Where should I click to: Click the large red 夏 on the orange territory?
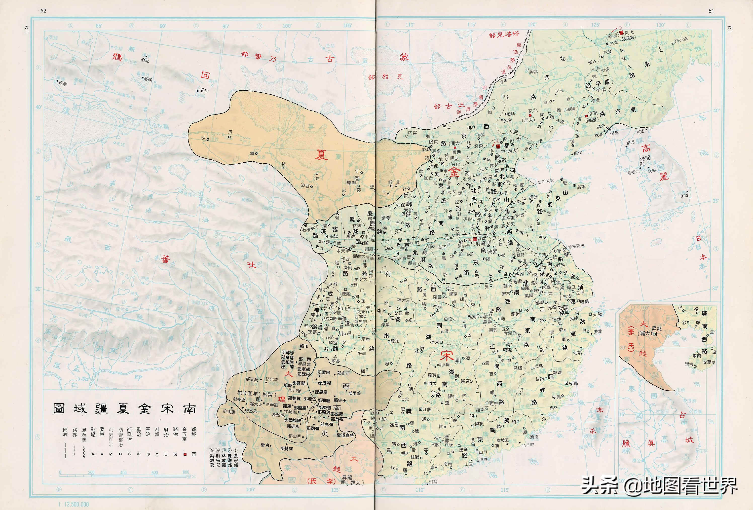pyautogui.click(x=321, y=155)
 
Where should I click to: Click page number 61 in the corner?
pyautogui.click(x=711, y=11)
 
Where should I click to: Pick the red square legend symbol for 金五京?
pyautogui.click(x=185, y=454)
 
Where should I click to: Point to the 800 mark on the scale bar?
pyautogui.click(x=186, y=472)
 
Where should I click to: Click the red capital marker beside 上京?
pyautogui.click(x=621, y=33)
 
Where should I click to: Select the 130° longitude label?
pyautogui.click(x=660, y=25)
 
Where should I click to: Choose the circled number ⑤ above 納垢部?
pyautogui.click(x=212, y=450)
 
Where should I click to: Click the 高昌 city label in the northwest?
pyautogui.click(x=147, y=79)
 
